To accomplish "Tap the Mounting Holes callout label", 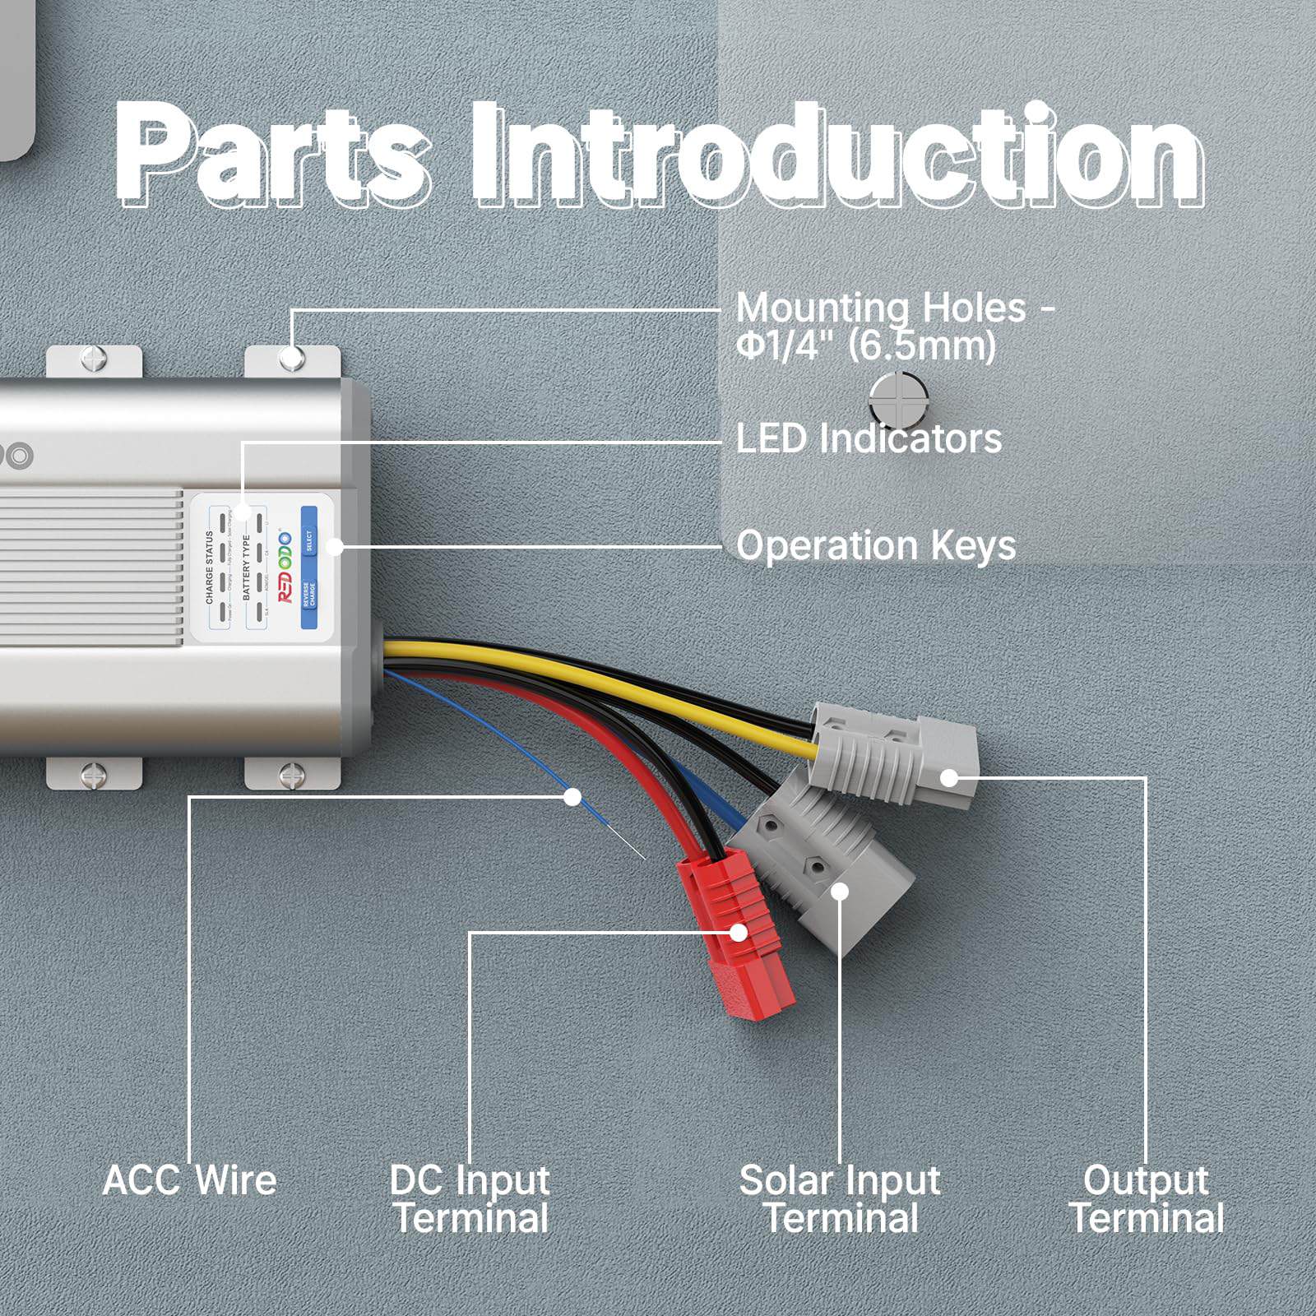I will (895, 327).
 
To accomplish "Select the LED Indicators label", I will (869, 438).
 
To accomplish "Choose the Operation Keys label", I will (876, 545).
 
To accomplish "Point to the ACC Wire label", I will (190, 1180).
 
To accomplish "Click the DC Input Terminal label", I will (470, 1199).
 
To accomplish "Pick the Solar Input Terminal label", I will (840, 1199).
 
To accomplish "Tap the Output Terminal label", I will (1146, 1199).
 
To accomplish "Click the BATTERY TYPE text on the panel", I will (246, 568).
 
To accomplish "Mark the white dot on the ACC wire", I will (572, 797).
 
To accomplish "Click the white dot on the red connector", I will (739, 932).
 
